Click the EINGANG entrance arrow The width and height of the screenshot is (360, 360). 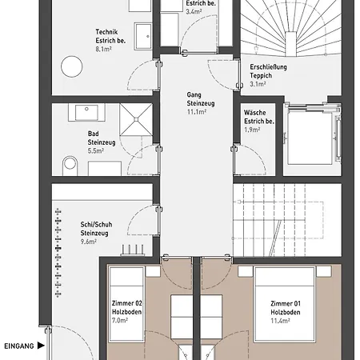point(41,346)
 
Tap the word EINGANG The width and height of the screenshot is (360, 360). point(19,346)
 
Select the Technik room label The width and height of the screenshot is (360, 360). point(106,32)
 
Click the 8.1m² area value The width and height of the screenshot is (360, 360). point(103,49)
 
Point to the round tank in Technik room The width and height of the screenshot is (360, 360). point(72,66)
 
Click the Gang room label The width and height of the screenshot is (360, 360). point(194,94)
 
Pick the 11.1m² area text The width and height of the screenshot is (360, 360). point(197,112)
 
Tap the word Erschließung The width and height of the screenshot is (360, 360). point(268,67)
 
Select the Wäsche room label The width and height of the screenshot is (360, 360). point(255,113)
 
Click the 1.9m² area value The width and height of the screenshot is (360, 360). point(252,130)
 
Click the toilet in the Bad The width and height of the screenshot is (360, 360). point(70,166)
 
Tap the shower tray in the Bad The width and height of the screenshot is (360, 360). point(136,119)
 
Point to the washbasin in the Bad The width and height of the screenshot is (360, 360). point(86,112)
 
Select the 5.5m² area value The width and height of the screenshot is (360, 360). point(96,150)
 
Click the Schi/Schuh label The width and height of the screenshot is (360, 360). point(96,225)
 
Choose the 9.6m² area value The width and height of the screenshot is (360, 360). point(89,242)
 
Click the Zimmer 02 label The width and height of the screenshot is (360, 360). point(127,303)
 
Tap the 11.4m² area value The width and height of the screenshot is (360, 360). point(281,321)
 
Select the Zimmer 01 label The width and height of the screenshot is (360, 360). point(286,303)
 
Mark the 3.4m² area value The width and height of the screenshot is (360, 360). point(194,12)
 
